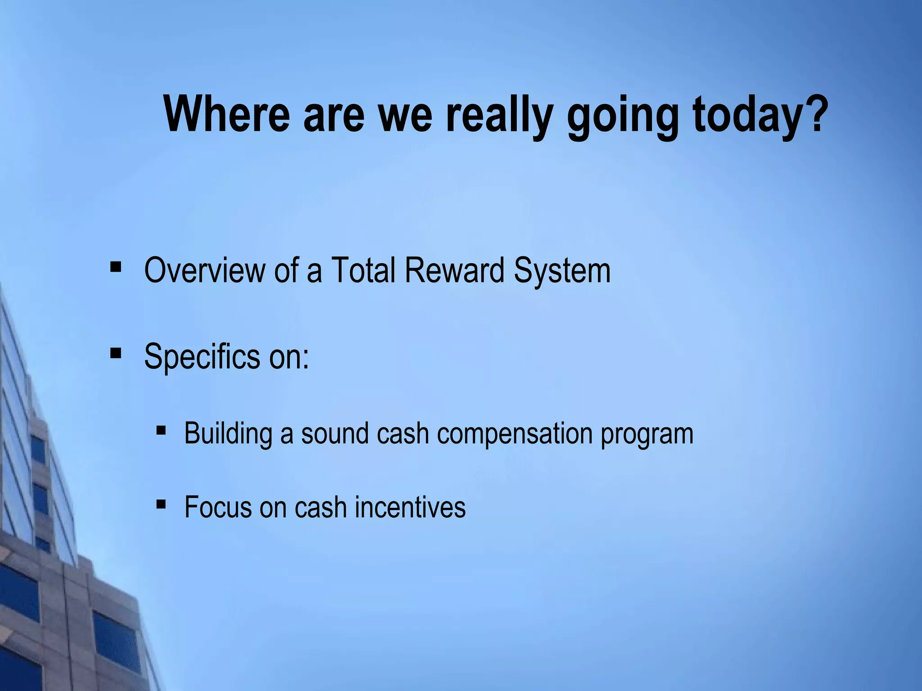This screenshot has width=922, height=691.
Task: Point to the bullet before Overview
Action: pos(116,267)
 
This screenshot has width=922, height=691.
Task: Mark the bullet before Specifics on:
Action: pos(116,353)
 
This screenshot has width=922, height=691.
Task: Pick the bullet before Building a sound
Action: pos(161,431)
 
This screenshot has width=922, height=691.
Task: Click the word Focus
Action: pos(217,507)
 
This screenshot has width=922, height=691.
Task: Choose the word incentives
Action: pos(410,507)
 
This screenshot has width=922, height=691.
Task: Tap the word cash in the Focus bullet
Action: pos(320,507)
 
